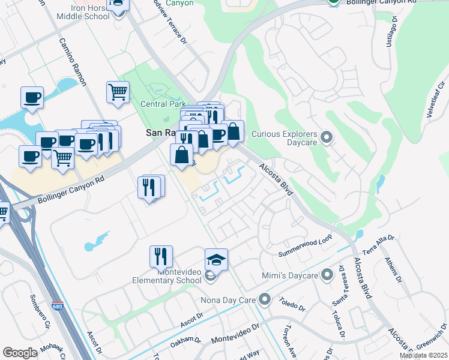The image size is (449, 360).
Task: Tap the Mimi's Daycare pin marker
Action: pos(327,275)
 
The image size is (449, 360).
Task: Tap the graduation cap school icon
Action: pos(216,259)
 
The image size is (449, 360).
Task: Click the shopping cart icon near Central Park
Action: pos(118,92)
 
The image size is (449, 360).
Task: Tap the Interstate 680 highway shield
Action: pos(57,305)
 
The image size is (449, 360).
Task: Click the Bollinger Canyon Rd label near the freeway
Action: pos(71,188)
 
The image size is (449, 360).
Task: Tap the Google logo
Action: pos(20,352)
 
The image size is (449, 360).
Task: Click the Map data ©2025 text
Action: pos(423,355)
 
